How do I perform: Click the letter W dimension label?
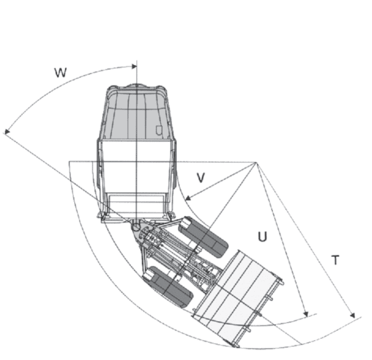pyautogui.click(x=60, y=72)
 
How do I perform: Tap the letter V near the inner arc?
pyautogui.click(x=200, y=177)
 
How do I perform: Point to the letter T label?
pyautogui.click(x=335, y=261)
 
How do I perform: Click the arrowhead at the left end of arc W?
pyautogui.click(x=6, y=131)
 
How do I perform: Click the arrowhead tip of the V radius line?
pyautogui.click(x=186, y=200)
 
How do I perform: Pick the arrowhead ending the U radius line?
pyautogui.click(x=306, y=315)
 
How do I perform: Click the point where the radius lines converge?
pyautogui.click(x=257, y=162)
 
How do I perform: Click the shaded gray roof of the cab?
pyautogui.click(x=136, y=115)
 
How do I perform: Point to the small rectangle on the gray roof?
pyautogui.click(x=159, y=130)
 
